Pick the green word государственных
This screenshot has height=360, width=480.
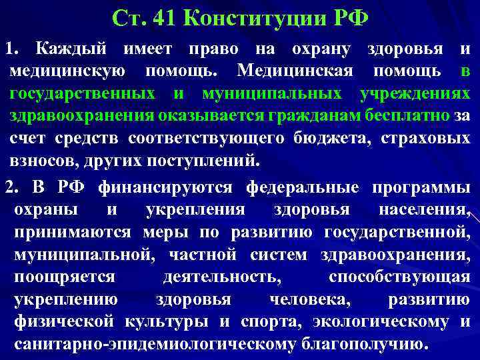pos(83,93)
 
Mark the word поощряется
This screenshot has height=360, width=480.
pos(64,277)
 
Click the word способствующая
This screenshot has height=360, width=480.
pos(399,277)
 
